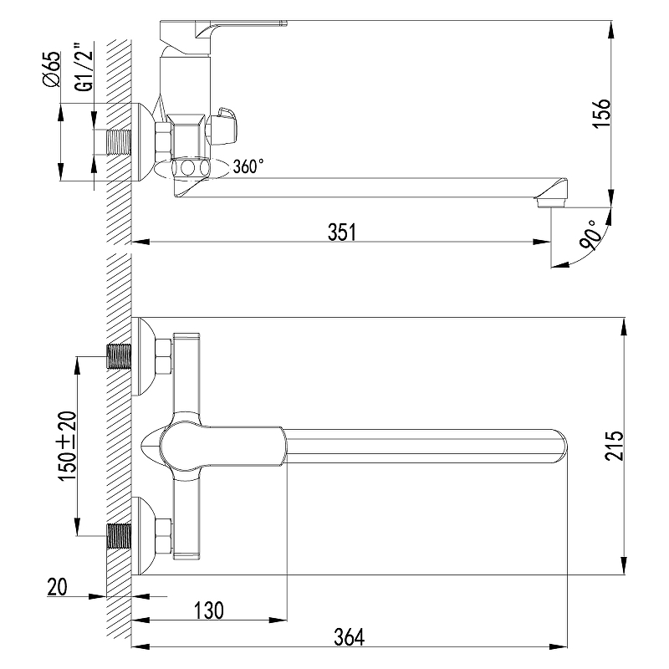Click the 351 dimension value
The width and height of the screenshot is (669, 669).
point(341,232)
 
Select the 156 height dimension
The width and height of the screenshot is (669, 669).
point(602,113)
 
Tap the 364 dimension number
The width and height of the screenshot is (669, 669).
point(350,637)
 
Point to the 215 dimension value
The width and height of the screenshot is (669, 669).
point(615,446)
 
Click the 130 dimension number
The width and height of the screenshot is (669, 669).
point(208,610)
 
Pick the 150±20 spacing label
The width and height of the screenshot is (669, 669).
point(67,447)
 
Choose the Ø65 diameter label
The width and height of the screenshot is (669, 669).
point(52,69)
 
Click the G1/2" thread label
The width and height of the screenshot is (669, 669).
point(84,67)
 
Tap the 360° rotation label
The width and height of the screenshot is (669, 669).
point(248,166)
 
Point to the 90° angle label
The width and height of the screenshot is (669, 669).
point(591,235)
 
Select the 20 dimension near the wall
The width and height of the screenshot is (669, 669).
point(57,587)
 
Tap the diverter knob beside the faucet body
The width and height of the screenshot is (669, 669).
point(222,126)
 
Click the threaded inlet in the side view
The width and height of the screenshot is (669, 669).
point(119,142)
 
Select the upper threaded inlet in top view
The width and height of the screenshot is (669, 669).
point(119,356)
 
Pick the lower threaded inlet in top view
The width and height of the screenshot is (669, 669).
point(119,536)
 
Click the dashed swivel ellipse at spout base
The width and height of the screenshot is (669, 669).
point(192,167)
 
